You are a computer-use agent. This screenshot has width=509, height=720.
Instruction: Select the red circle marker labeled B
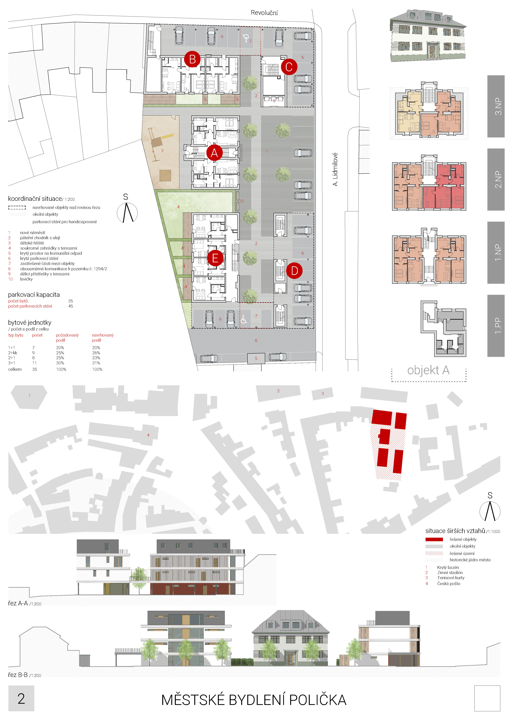pos(192,59)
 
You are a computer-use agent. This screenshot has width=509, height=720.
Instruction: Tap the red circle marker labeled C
pos(289,67)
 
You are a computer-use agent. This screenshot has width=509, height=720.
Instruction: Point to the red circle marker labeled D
pos(294,271)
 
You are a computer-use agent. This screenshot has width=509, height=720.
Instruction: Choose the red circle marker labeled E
pos(215,258)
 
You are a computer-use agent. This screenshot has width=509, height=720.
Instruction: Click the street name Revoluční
pos(264,13)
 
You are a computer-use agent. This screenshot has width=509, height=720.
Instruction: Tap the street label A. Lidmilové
pos(335,169)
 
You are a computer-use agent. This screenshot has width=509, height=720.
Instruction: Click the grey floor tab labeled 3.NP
pos(496,106)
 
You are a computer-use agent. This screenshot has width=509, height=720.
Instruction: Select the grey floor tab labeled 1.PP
pos(496,326)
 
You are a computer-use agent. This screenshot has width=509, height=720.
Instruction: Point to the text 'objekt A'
pos(428,370)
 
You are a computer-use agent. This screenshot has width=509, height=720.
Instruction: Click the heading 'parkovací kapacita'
pos(34,294)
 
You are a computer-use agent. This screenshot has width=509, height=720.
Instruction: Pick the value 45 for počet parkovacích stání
pos(71,306)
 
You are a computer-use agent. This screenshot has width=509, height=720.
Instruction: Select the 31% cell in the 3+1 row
pos(96,363)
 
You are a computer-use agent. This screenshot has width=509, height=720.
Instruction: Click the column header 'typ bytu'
pos(16,335)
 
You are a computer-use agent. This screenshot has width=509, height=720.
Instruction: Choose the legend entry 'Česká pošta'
pos(449,584)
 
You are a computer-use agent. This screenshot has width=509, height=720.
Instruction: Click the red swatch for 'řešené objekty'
pos(434,539)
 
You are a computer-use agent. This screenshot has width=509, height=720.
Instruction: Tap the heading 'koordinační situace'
pos(35,198)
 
